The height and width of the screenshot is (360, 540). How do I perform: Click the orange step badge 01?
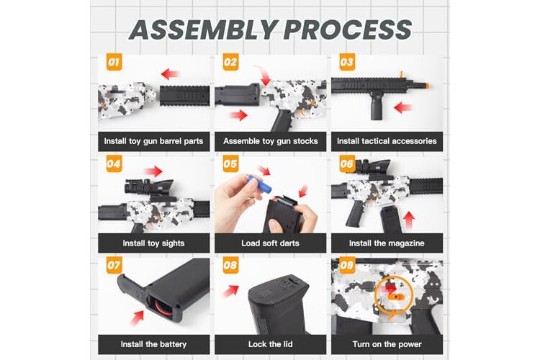tap(114, 63)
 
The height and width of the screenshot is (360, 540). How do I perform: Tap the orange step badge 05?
tap(230, 163)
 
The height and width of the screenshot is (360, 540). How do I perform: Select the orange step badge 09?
tap(347, 265)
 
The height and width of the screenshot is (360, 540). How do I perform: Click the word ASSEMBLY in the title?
tap(204, 30)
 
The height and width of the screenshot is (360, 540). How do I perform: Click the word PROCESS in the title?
tap(348, 30)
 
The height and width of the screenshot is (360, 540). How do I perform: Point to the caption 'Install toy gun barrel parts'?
tap(153, 141)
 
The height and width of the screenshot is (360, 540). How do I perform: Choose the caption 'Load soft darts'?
tap(270, 243)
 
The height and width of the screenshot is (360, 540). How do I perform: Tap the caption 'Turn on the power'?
tap(387, 344)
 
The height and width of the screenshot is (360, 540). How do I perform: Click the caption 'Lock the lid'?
tap(270, 344)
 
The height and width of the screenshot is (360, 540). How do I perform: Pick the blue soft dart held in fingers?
tap(259, 184)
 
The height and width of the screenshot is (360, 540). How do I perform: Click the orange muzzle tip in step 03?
tap(426, 86)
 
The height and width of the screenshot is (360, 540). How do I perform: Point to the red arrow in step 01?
tap(170, 73)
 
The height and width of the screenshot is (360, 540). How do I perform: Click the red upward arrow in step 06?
tap(409, 221)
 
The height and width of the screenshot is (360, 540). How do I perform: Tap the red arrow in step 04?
tap(153, 171)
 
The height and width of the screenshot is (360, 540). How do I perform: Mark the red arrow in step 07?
tap(137, 318)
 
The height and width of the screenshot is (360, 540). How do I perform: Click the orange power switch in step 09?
tap(394, 296)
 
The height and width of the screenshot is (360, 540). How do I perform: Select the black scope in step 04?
tap(150, 186)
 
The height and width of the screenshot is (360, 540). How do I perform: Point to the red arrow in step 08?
tap(230, 291)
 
